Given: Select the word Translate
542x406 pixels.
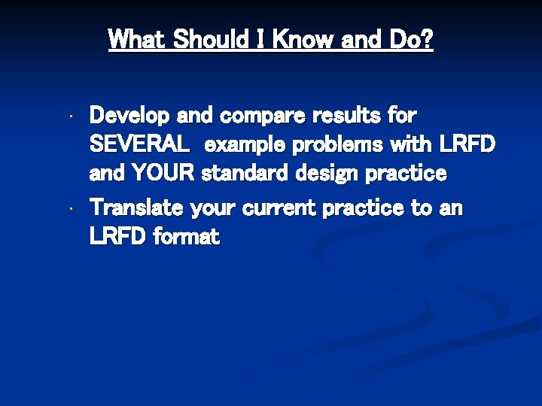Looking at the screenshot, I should tap(137, 208).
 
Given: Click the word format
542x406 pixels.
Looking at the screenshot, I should tap(186, 238).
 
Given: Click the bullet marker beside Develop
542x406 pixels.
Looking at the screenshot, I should tap(69, 118).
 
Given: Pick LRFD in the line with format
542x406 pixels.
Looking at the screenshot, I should tap(118, 238).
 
